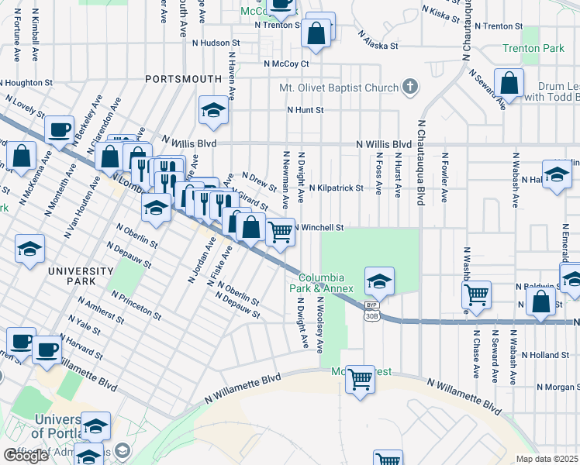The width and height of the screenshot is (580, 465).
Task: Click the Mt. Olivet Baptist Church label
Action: pyautogui.click(x=338, y=88)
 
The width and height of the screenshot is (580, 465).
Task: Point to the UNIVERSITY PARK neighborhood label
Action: pyautogui.click(x=81, y=275)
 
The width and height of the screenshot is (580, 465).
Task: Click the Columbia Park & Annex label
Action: pyautogui.click(x=326, y=283)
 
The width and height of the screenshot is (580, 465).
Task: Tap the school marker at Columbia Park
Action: pyautogui.click(x=379, y=281)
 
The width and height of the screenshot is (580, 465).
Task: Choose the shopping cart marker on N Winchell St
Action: pyautogui.click(x=281, y=230)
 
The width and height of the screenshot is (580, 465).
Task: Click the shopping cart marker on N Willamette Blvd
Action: pyautogui.click(x=359, y=380)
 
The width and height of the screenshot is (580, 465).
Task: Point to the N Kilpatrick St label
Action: pyautogui.click(x=336, y=188)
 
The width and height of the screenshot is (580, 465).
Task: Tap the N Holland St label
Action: pyautogui.click(x=546, y=355)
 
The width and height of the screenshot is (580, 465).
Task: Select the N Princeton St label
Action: pyautogui.click(x=136, y=305)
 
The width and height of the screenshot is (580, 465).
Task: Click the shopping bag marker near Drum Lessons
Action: pyautogui.click(x=509, y=84)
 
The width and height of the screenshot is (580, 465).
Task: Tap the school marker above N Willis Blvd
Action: pyautogui.click(x=213, y=111)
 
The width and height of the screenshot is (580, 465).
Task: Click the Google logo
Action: pyautogui.click(x=26, y=456)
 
